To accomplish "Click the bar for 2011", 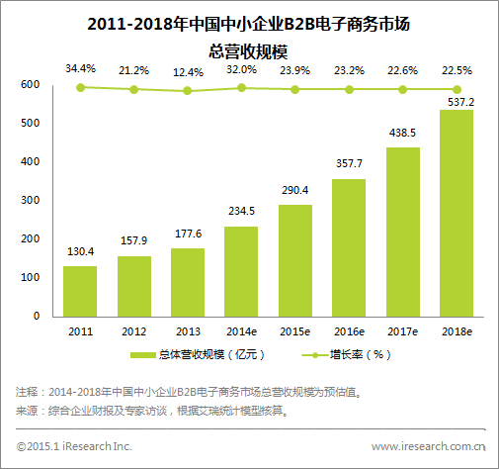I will coord(80,291).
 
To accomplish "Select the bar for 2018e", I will coord(455,213).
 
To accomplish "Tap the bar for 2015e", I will coord(293,260).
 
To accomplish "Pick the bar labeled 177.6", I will coord(187,282).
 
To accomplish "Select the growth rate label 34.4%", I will coord(80,68).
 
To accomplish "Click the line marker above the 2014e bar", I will coord(240,88).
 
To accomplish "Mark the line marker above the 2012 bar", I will coord(133,90).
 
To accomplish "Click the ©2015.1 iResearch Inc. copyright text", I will coord(74,446).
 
